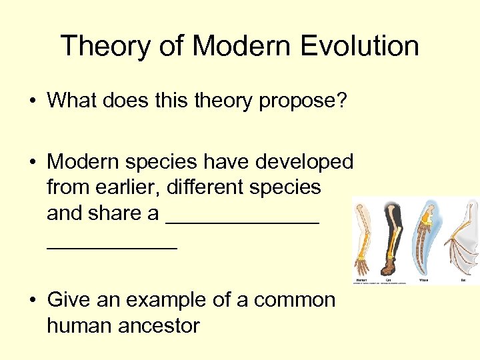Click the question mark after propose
click(x=341, y=101)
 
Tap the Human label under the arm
click(x=361, y=280)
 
